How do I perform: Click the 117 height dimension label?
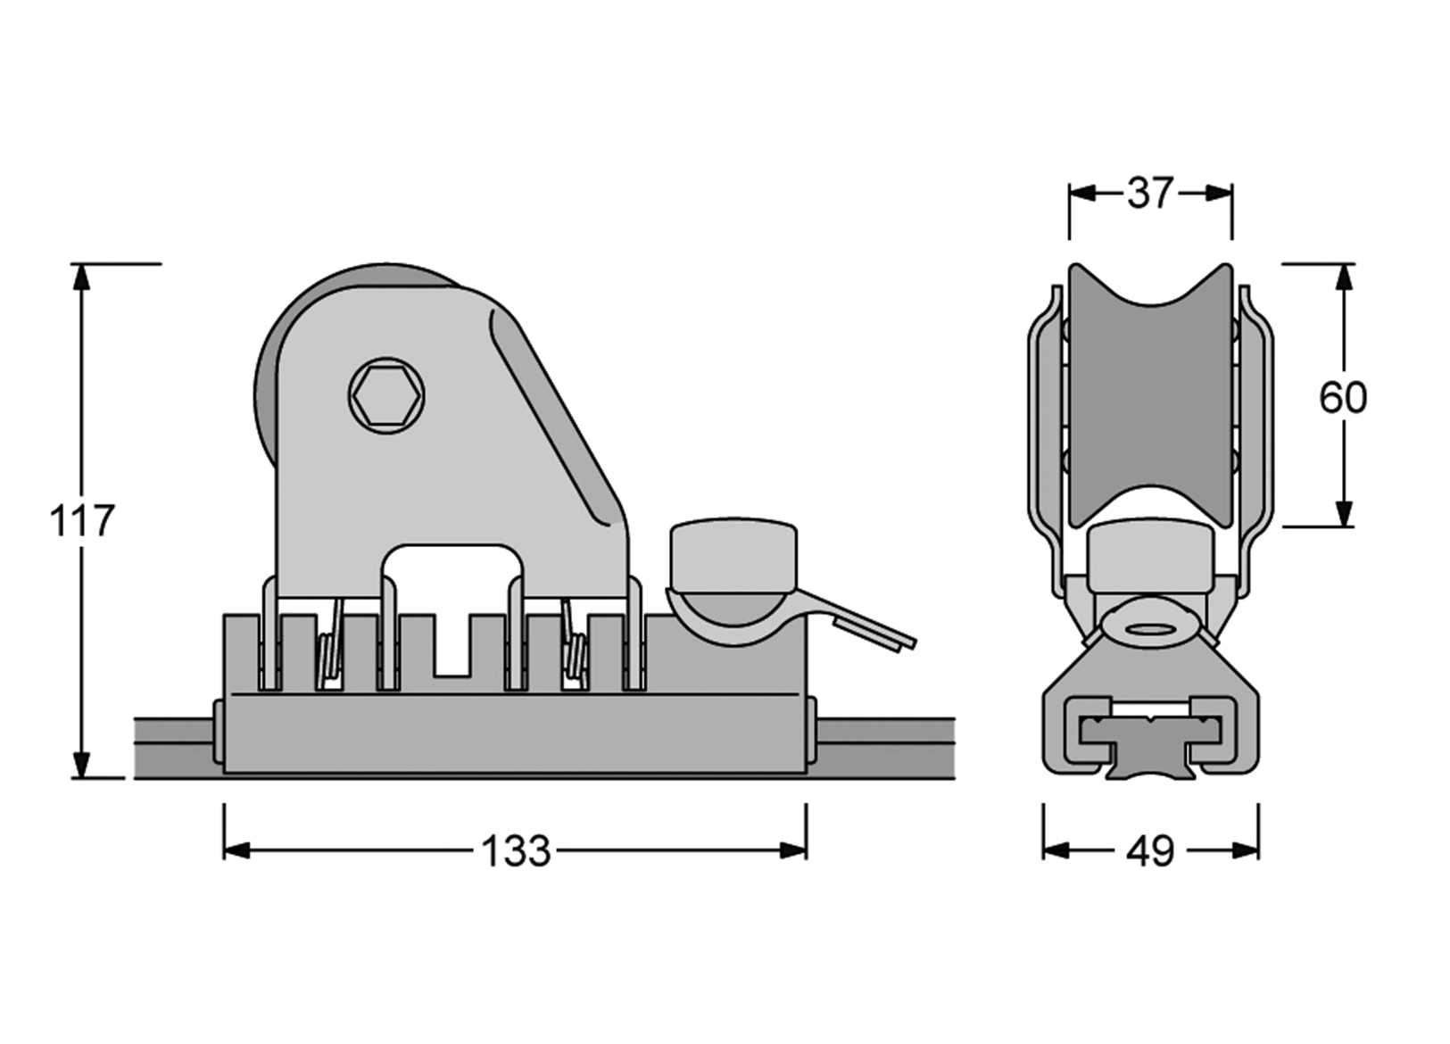[x=81, y=521]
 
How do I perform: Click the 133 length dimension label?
[x=516, y=851]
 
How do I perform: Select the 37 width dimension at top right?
[x=1150, y=193]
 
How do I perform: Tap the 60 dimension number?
[x=1343, y=397]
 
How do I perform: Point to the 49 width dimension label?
[x=1150, y=851]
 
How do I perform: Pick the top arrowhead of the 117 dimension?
[x=81, y=277]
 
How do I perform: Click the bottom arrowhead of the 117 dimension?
[x=81, y=765]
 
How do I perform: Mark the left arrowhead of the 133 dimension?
[x=236, y=850]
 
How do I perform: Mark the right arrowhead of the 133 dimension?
[x=793, y=850]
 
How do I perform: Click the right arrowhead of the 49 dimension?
[x=1246, y=850]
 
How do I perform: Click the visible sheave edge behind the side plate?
[x=265, y=393]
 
